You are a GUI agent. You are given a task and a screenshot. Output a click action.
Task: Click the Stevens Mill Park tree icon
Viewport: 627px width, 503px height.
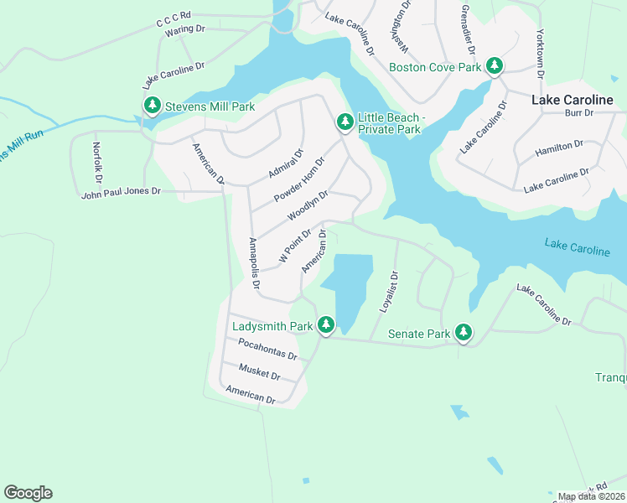(x=152, y=106)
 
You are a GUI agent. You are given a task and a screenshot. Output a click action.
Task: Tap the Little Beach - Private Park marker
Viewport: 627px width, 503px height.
(x=345, y=122)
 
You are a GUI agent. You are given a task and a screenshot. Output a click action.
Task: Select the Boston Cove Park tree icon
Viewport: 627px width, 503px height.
(x=495, y=66)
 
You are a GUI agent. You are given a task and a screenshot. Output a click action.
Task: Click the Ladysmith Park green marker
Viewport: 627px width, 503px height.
(x=325, y=325)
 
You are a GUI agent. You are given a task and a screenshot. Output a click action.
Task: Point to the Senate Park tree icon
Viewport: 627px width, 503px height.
(x=464, y=333)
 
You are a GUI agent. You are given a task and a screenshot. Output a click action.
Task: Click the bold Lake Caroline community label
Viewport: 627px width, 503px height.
(x=578, y=99)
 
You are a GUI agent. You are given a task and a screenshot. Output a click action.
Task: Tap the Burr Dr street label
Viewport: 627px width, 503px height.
(x=578, y=112)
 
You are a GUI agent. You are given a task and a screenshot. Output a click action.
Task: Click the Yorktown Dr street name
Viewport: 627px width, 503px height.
(x=541, y=57)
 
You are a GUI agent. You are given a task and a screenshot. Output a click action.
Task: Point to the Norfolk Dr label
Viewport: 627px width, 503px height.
(x=97, y=163)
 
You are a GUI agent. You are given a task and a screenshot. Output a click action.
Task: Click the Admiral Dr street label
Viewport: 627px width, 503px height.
(x=286, y=163)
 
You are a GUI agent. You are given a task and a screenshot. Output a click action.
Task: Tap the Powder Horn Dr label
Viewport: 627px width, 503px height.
(x=299, y=179)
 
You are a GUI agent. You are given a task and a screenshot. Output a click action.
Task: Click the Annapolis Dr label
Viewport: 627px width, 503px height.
(x=255, y=265)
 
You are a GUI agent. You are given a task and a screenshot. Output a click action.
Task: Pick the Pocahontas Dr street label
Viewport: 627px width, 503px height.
(x=267, y=349)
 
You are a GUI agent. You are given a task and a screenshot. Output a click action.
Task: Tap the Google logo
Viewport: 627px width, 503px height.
(x=28, y=493)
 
